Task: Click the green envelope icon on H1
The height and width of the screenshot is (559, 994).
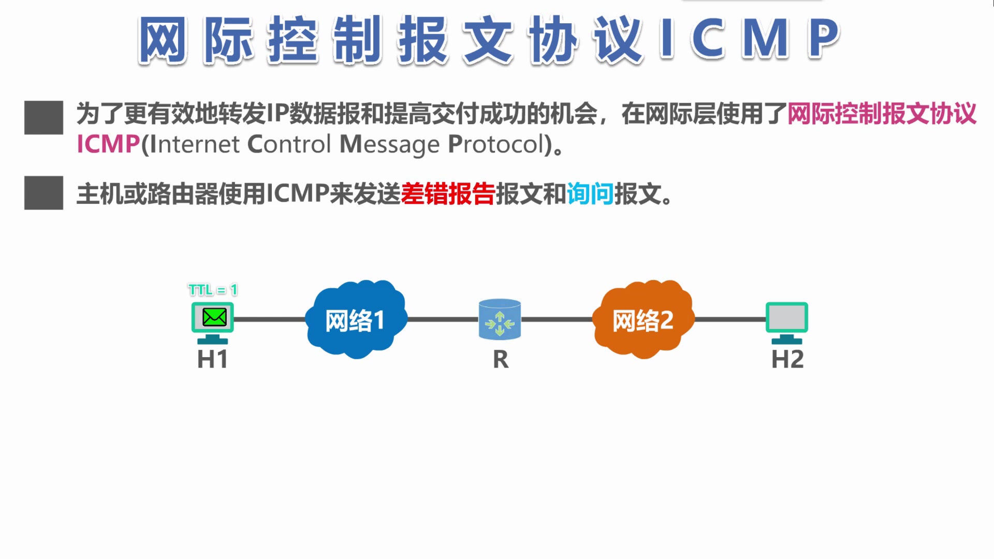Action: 214,317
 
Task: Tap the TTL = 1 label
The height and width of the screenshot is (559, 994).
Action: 213,290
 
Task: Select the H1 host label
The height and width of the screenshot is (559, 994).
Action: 212,359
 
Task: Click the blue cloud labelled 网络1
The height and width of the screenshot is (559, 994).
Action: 355,319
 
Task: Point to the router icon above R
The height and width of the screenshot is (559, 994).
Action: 500,319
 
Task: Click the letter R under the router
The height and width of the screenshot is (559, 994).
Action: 501,360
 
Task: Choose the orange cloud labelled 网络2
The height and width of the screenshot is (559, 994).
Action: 642,319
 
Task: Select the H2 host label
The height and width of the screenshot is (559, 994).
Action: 787,359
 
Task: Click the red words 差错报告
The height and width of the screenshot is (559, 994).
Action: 448,194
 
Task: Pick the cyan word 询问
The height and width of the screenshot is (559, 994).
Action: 590,194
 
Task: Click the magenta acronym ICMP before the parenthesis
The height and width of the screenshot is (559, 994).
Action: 108,144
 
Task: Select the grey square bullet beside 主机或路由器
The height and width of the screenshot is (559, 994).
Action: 43,193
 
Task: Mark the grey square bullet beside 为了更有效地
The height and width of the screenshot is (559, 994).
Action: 43,117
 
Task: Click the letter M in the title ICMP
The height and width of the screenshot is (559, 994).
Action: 766,38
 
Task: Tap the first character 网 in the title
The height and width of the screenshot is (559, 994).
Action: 163,40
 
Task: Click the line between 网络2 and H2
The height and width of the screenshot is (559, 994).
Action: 730,319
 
